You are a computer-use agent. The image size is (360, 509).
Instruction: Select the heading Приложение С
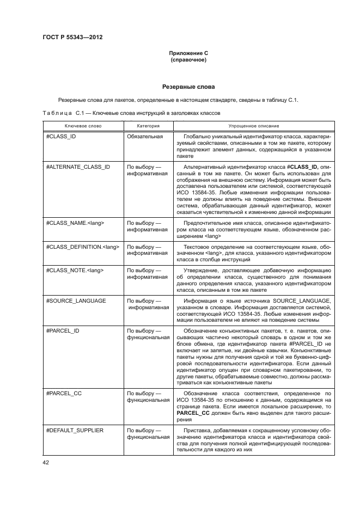point(188,53)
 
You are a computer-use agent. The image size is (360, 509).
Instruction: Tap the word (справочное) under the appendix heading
point(188,59)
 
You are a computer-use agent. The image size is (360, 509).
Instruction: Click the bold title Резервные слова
point(188,87)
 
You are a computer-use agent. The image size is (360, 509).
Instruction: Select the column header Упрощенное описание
point(253,125)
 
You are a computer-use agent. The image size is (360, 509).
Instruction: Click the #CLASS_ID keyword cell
point(61,136)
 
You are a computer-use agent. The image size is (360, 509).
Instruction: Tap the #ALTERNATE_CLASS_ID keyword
point(78,167)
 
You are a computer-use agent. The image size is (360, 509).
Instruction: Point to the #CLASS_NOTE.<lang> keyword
point(75,270)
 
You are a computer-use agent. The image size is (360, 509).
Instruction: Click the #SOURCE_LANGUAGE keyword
point(76,301)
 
